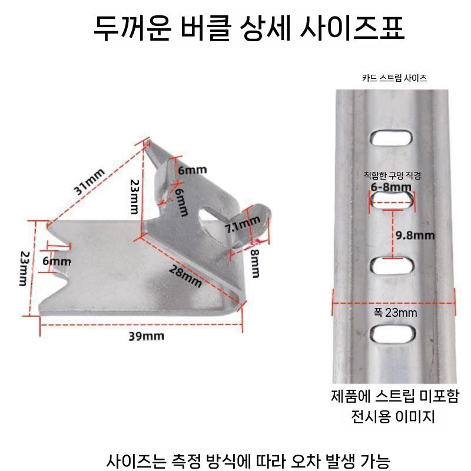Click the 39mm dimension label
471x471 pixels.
[146, 336]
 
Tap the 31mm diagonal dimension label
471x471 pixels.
[89, 181]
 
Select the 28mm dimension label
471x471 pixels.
[185, 276]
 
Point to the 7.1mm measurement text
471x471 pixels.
[243, 224]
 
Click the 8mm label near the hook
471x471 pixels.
[256, 263]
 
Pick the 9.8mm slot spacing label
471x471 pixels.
[415, 235]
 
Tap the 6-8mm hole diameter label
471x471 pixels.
[391, 187]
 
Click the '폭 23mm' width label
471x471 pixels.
[395, 313]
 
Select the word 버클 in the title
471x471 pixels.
[205, 28]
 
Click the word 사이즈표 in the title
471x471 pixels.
[352, 28]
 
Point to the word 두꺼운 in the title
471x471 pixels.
[132, 28]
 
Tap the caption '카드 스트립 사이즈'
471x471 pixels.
[394, 78]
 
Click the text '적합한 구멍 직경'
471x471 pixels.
[392, 175]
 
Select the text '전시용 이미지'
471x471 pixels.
[393, 417]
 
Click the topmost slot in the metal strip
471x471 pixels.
[391, 137]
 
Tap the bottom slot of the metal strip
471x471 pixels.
[393, 333]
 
